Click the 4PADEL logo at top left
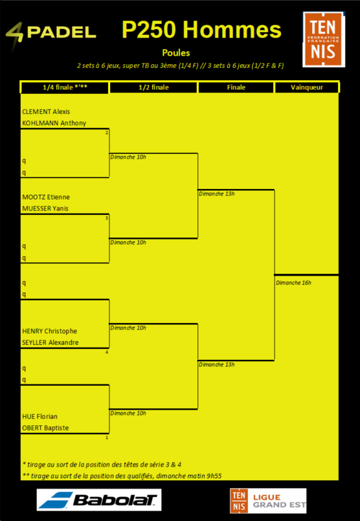tap(51, 32)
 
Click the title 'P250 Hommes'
tap(201, 30)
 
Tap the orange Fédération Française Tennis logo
tap(324, 39)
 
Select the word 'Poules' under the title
tap(176, 53)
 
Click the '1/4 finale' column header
tap(65, 88)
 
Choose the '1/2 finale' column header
tap(153, 88)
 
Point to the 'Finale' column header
tap(236, 88)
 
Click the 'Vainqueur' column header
tap(307, 88)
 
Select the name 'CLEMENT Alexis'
tap(46, 111)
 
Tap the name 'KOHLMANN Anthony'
tap(54, 123)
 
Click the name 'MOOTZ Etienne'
tap(46, 197)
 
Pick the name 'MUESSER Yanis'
tap(45, 208)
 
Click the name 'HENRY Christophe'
tap(49, 331)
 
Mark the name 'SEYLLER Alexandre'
tap(51, 342)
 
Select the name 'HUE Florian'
tap(40, 417)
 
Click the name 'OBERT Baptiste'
tap(45, 428)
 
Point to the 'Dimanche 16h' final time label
tap(293, 283)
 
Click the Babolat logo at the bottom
tap(99, 500)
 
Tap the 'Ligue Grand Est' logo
tap(268, 501)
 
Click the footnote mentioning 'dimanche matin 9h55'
tap(122, 476)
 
